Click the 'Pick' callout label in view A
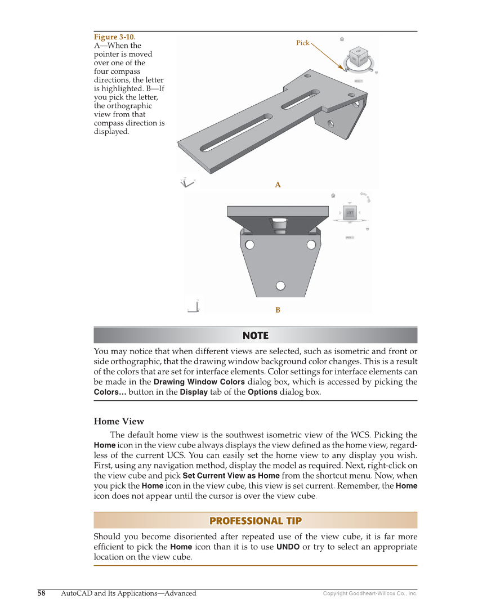click(x=303, y=43)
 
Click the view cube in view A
click(x=359, y=57)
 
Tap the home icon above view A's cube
click(x=342, y=39)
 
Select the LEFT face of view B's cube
click(x=350, y=213)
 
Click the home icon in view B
click(x=333, y=195)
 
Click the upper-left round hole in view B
click(x=249, y=244)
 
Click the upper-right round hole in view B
click(x=311, y=244)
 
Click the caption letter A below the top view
click(x=278, y=185)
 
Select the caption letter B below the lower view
click(x=278, y=310)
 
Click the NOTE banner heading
click(x=256, y=336)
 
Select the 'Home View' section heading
click(x=119, y=421)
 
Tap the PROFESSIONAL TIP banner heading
click(x=256, y=521)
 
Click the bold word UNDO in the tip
click(x=288, y=547)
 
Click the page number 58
click(x=42, y=593)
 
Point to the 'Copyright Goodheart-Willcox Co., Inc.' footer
click(x=370, y=593)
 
